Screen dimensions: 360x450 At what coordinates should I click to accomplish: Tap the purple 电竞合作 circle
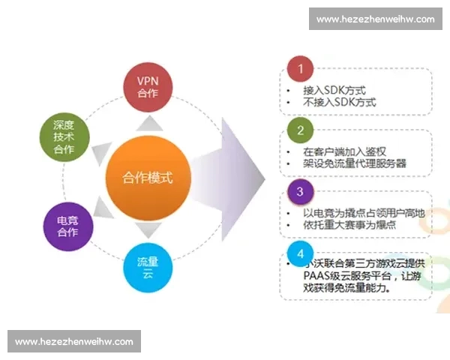tap(67, 226)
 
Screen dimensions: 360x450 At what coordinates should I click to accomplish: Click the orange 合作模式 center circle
tap(148, 178)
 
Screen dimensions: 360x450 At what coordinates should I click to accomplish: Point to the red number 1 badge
tap(300, 70)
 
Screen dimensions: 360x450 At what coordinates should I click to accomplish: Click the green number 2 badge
tap(300, 130)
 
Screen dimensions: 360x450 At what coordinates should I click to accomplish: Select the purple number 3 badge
tap(300, 191)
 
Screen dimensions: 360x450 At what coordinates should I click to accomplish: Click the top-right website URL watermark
tap(375, 19)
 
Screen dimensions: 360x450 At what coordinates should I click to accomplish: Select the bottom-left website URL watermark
tap(74, 341)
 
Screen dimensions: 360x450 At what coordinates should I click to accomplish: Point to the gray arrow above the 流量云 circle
tap(148, 230)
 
